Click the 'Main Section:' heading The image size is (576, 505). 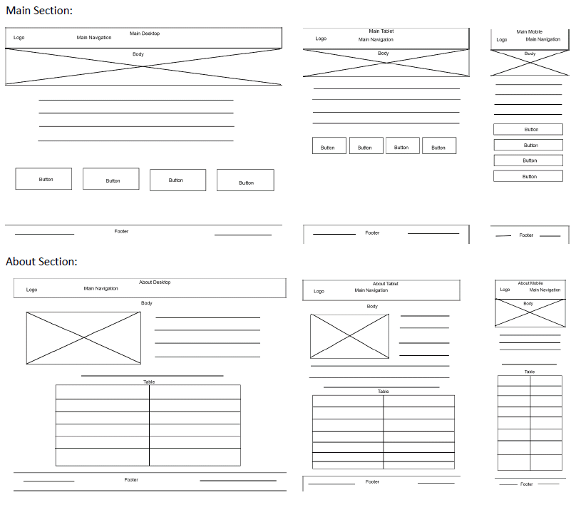tap(39, 10)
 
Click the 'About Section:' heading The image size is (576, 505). tap(41, 262)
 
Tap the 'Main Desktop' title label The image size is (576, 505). tap(145, 34)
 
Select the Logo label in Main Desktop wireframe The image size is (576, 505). tap(19, 38)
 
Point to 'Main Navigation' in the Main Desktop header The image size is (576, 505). tap(94, 38)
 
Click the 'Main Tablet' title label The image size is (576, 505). tap(381, 31)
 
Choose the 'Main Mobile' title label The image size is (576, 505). tap(529, 32)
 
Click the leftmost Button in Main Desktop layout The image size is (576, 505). tap(43, 179)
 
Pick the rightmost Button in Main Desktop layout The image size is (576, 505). tap(245, 180)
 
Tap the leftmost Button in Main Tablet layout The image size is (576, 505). tap(329, 146)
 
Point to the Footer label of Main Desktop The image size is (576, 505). tap(121, 231)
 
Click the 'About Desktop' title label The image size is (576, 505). tap(155, 282)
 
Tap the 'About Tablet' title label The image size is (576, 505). tap(385, 284)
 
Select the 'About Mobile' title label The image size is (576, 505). tap(530, 283)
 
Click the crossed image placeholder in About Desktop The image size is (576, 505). tap(83, 337)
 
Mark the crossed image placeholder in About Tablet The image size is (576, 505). tap(349, 336)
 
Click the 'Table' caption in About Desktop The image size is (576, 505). tap(148, 382)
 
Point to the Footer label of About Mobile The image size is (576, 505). tap(526, 484)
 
